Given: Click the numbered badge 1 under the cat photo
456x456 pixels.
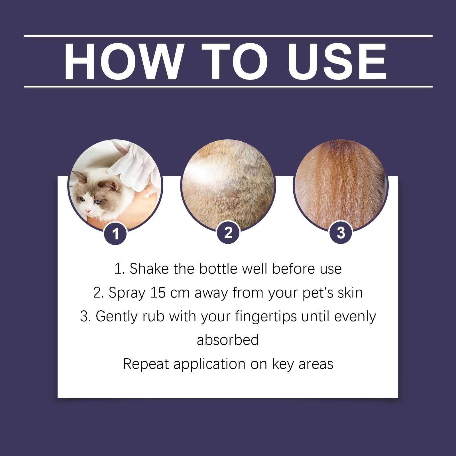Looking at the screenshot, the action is click(x=115, y=234).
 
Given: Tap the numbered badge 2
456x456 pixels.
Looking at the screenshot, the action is click(x=228, y=233).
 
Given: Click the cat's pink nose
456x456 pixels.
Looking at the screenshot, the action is click(x=89, y=211).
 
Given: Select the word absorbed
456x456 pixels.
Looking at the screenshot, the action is click(x=228, y=340).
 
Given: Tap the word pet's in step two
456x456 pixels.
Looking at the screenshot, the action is click(x=319, y=293).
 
